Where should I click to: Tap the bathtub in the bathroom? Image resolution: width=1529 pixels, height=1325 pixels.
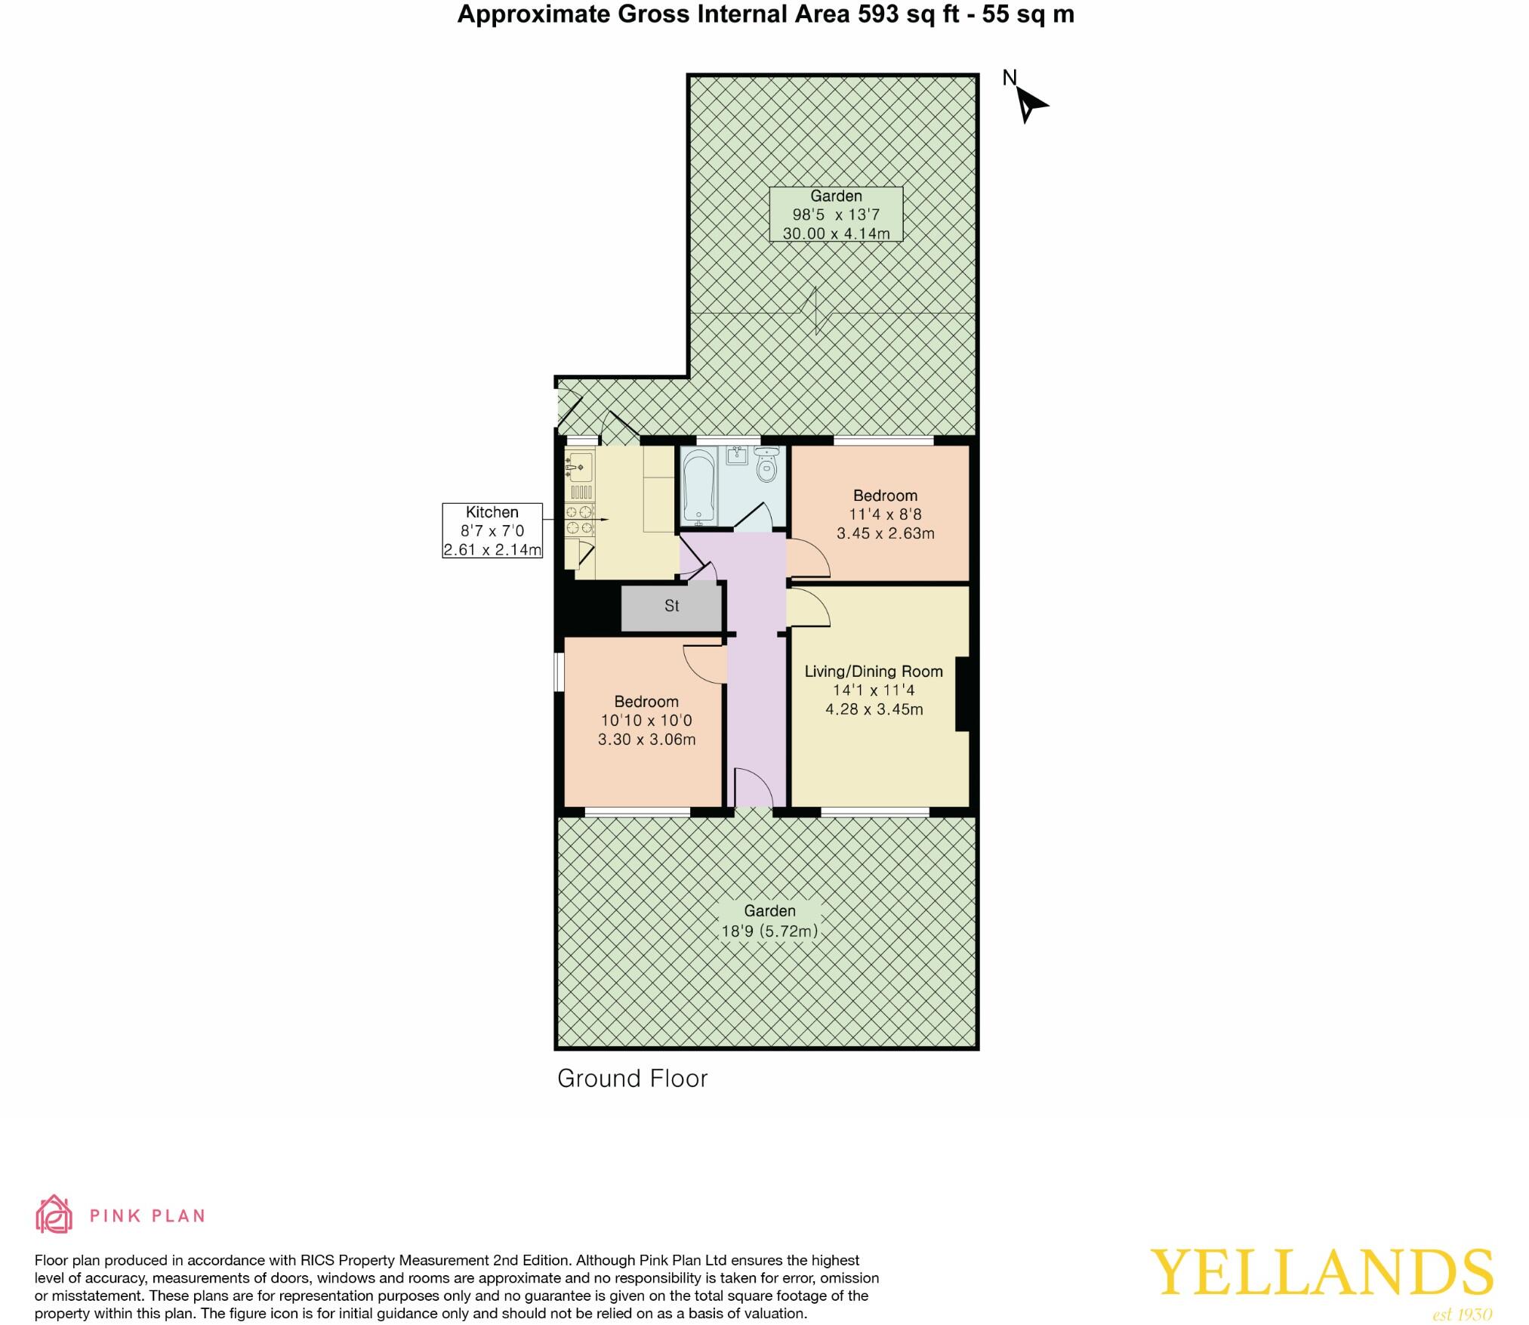pyautogui.click(x=698, y=486)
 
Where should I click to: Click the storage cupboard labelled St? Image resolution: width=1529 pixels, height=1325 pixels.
pyautogui.click(x=671, y=606)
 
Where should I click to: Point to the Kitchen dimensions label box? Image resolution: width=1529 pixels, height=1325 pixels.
pyautogui.click(x=492, y=531)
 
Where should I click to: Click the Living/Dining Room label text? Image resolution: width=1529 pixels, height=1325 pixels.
pyautogui.click(x=874, y=671)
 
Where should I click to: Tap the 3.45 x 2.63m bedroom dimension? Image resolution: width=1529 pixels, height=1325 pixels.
pyautogui.click(x=885, y=533)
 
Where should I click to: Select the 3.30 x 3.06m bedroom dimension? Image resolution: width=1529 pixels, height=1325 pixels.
pyautogui.click(x=646, y=740)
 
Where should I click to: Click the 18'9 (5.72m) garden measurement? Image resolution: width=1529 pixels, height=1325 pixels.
pyautogui.click(x=769, y=931)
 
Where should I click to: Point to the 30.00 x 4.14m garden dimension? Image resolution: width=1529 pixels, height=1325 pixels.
pyautogui.click(x=836, y=233)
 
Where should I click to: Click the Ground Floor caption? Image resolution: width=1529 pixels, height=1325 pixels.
pyautogui.click(x=632, y=1078)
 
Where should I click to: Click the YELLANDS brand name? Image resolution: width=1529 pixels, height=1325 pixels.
pyautogui.click(x=1321, y=1272)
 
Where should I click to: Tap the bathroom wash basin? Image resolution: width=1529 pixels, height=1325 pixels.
pyautogui.click(x=736, y=456)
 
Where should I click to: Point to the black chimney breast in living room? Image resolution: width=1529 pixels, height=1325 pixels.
pyautogui.click(x=963, y=694)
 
